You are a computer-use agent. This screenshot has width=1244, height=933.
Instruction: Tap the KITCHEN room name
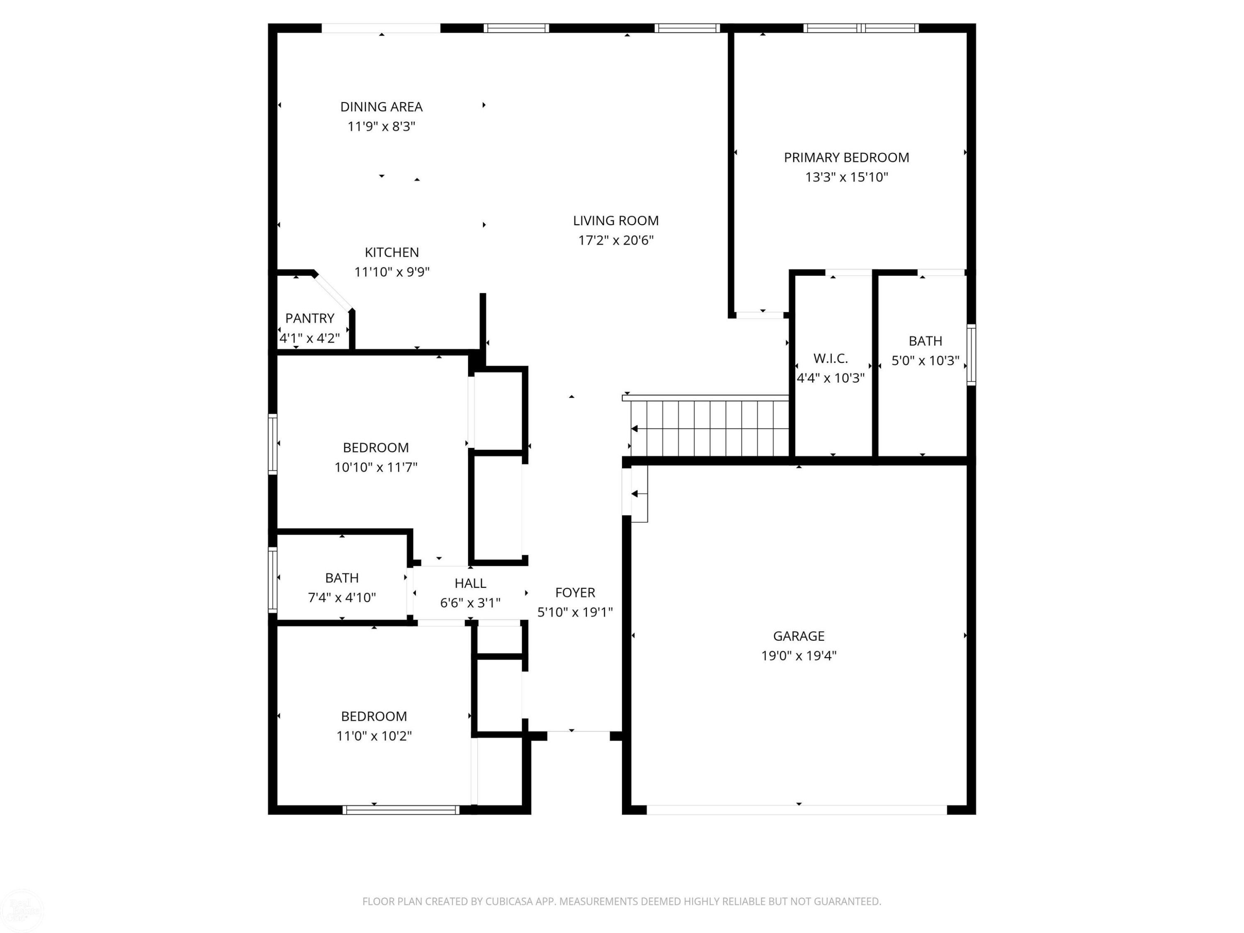[x=391, y=253]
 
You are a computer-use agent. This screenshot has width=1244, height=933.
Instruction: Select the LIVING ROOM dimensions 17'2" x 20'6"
[x=616, y=240]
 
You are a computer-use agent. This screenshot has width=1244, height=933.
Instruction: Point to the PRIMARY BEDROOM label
[x=846, y=158]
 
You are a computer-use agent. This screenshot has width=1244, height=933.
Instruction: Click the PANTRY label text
[x=309, y=318]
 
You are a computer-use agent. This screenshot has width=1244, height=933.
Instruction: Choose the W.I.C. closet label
[x=830, y=358]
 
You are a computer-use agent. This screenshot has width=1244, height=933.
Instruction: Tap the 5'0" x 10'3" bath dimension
[x=925, y=360]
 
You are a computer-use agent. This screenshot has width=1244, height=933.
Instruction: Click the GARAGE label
[x=799, y=636]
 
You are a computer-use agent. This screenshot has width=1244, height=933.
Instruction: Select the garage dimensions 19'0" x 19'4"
[x=799, y=656]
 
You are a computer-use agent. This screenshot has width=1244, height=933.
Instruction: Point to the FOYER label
[x=575, y=592]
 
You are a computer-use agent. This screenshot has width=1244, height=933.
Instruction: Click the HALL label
[x=470, y=583]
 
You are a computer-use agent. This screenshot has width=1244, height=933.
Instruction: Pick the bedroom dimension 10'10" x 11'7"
[x=376, y=467]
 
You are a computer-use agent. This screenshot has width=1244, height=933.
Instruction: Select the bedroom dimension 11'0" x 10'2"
[x=374, y=736]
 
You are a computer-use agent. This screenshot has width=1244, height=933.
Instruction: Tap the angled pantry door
[x=333, y=292]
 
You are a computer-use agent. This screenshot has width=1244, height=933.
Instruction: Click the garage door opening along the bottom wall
[x=797, y=810]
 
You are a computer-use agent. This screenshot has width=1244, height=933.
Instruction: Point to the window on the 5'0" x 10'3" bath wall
[x=971, y=355]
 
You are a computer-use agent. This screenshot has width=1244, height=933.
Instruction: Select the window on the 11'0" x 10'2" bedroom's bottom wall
[x=401, y=810]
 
